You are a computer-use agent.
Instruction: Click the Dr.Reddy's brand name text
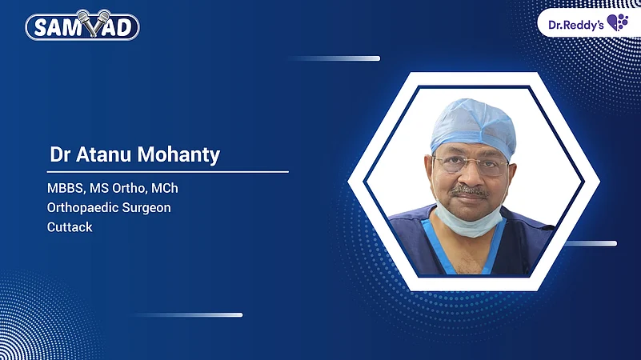pos(575,23)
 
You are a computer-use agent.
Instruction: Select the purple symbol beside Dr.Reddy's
pos(617,22)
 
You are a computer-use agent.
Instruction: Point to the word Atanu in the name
pos(107,154)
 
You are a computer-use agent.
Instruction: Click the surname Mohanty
pos(183,154)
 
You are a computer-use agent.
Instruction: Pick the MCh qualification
pos(175,189)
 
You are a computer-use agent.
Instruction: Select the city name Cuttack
pos(70,227)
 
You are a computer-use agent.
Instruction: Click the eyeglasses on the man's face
pos(470,166)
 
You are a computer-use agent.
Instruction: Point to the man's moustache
pos(470,191)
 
